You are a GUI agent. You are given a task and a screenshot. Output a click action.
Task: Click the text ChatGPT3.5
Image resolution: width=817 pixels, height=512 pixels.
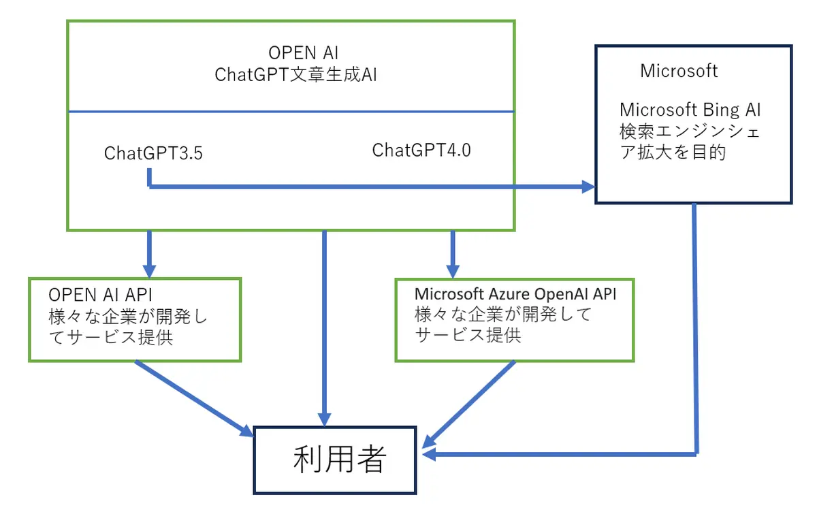point(153,153)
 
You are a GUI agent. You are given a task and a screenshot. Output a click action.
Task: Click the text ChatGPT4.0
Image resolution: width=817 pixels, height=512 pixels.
point(421,150)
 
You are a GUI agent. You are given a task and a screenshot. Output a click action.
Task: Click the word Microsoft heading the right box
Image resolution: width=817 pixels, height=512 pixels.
point(679,70)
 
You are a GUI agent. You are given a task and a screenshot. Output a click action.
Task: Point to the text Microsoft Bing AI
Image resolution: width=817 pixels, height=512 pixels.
point(690,109)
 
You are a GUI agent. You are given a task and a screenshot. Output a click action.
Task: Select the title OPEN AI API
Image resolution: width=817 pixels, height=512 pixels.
point(100,296)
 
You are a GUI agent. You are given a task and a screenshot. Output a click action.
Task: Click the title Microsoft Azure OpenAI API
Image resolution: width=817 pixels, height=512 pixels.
point(515,295)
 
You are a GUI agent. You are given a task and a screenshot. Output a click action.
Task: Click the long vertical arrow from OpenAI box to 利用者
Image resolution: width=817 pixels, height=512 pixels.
point(325,327)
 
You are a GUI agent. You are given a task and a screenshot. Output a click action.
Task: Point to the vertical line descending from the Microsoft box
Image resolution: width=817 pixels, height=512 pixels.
point(695,327)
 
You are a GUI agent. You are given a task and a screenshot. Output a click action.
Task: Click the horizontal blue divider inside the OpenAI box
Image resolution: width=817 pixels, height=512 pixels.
point(291,111)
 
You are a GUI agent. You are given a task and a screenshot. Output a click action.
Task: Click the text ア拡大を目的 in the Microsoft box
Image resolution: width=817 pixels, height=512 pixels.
point(673,152)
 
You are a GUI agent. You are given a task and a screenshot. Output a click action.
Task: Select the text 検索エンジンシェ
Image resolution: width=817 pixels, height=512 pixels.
point(690,131)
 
